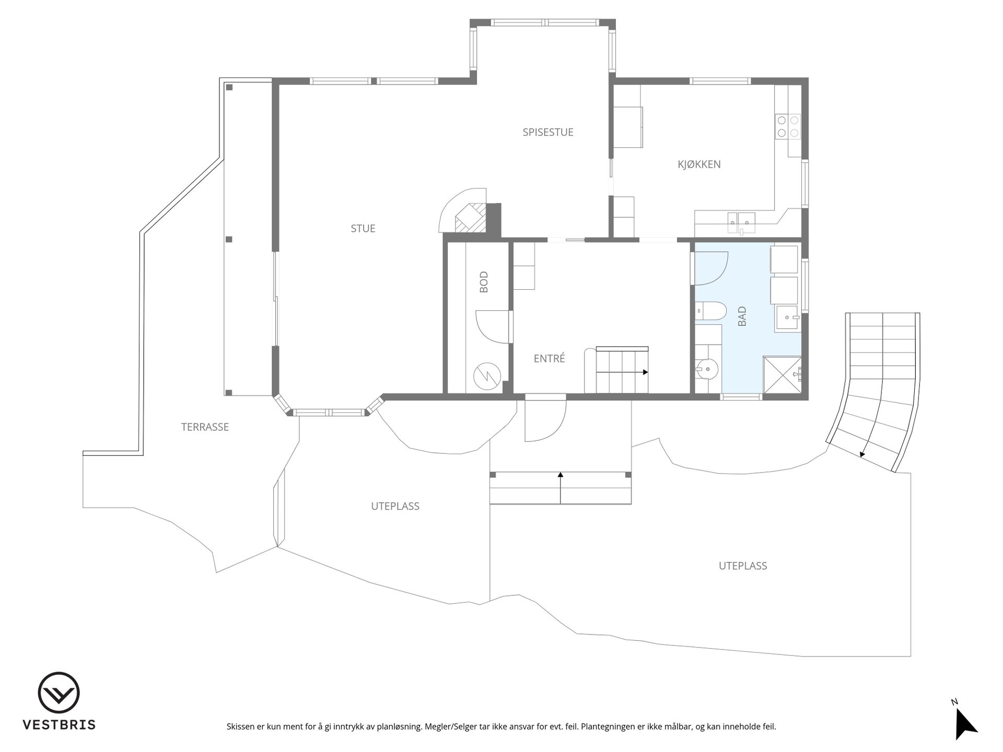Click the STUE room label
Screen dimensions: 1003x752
coord(363,228)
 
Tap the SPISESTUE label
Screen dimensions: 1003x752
coord(548,132)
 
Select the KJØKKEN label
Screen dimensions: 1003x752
coord(699,164)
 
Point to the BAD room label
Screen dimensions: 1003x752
coord(742,316)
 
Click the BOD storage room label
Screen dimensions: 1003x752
coord(484,281)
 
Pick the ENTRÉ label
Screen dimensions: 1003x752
coord(549,358)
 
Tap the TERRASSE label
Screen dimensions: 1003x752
coord(205,427)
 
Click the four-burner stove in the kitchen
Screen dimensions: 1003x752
coord(788,126)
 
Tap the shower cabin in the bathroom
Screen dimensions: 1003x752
coord(782,374)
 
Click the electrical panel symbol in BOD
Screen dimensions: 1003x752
coord(487,375)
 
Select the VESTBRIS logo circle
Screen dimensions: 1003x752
coord(59,692)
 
